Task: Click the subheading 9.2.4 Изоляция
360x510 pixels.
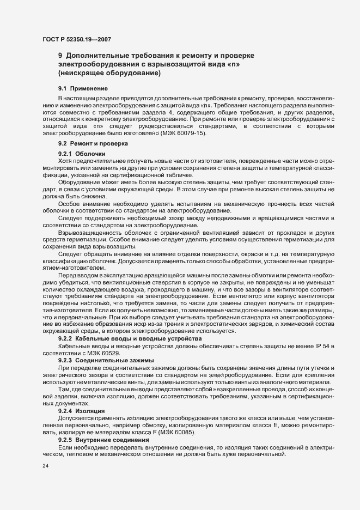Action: point(84,410)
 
